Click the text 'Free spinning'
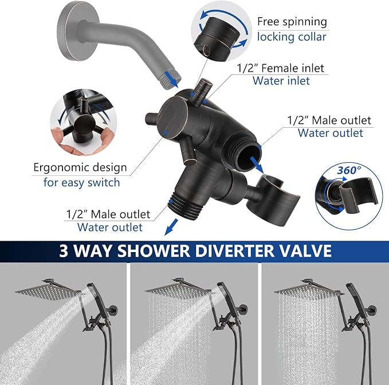click(292, 22)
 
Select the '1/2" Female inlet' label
click(280, 68)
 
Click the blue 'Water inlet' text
click(281, 81)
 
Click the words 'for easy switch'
click(81, 182)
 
